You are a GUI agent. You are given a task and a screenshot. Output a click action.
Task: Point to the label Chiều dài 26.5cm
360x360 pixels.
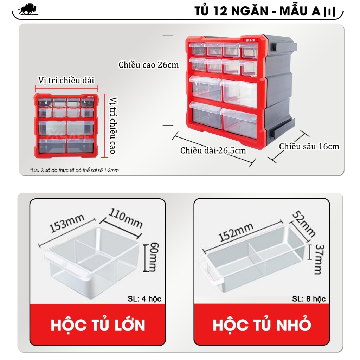click(x=213, y=151)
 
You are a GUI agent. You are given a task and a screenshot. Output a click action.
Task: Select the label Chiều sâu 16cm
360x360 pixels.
click(x=309, y=146)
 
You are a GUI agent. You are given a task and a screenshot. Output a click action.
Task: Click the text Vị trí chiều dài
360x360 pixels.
click(x=66, y=80)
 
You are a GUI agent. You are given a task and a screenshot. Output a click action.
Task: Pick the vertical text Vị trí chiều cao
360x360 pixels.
click(x=112, y=125)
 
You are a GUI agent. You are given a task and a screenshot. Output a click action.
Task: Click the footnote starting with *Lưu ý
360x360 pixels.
click(x=75, y=170)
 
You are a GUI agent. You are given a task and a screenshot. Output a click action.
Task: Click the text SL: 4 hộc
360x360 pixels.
click(x=144, y=299)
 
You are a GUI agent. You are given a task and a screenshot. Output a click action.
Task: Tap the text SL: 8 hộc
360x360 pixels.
click(x=309, y=299)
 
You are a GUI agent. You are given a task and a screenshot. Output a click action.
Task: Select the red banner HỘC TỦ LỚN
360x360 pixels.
click(x=98, y=325)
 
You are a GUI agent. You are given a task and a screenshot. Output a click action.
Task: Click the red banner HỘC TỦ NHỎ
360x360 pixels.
click(x=262, y=325)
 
